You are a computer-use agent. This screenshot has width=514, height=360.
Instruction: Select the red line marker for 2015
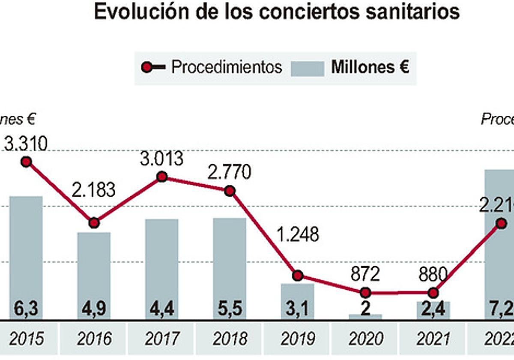27,162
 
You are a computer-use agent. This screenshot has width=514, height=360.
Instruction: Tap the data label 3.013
161,159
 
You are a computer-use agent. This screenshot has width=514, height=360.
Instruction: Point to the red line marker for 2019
298,275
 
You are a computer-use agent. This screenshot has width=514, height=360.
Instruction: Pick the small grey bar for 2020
365,316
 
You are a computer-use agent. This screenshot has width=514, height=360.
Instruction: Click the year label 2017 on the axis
161,339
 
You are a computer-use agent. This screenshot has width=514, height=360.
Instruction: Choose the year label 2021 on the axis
433,339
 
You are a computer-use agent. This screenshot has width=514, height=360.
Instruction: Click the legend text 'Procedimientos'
227,67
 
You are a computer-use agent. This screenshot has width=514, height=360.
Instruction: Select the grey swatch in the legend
307,68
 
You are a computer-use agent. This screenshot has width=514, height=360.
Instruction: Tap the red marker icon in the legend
148,68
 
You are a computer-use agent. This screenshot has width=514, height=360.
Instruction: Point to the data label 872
365,274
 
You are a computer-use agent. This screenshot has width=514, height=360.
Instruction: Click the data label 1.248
298,234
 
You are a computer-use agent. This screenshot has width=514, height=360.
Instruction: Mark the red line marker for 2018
230,191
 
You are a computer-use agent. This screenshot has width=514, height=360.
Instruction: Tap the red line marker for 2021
433,293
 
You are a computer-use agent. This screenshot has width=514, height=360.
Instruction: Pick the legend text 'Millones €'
370,67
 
